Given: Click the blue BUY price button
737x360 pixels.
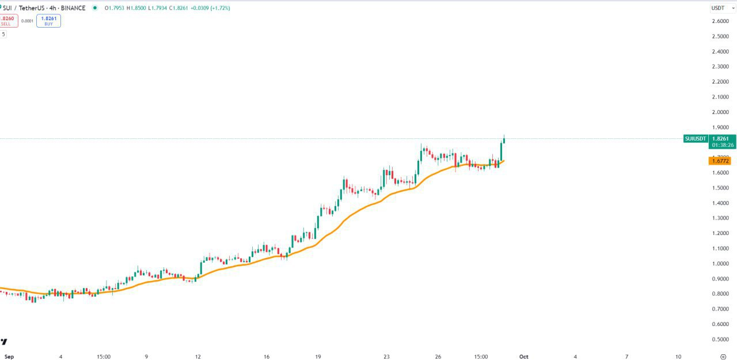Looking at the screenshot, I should pos(48,21).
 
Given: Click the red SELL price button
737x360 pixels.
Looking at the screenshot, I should pos(7,21).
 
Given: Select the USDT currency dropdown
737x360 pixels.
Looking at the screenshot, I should pos(723,8).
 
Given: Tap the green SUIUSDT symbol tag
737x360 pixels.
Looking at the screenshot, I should pos(695,139).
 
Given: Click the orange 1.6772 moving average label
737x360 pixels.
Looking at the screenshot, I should pos(722,161).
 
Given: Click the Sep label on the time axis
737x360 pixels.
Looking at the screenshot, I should pos(9,357).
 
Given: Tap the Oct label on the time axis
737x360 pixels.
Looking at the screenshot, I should pos(523,357).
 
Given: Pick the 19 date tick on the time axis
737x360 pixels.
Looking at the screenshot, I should pos(318,357).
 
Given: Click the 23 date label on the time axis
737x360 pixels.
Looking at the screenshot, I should pos(386,357).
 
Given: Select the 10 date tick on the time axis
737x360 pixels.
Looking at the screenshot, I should pos(678,357).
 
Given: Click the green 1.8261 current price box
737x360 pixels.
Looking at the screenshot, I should pos(722,139).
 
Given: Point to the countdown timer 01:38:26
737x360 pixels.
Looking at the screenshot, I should pos(722,145).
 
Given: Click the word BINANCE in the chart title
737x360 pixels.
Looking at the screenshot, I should pos(73,8).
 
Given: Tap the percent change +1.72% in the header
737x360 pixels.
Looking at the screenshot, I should pos(219,8).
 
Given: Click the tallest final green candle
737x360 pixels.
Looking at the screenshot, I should pos(501,152).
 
